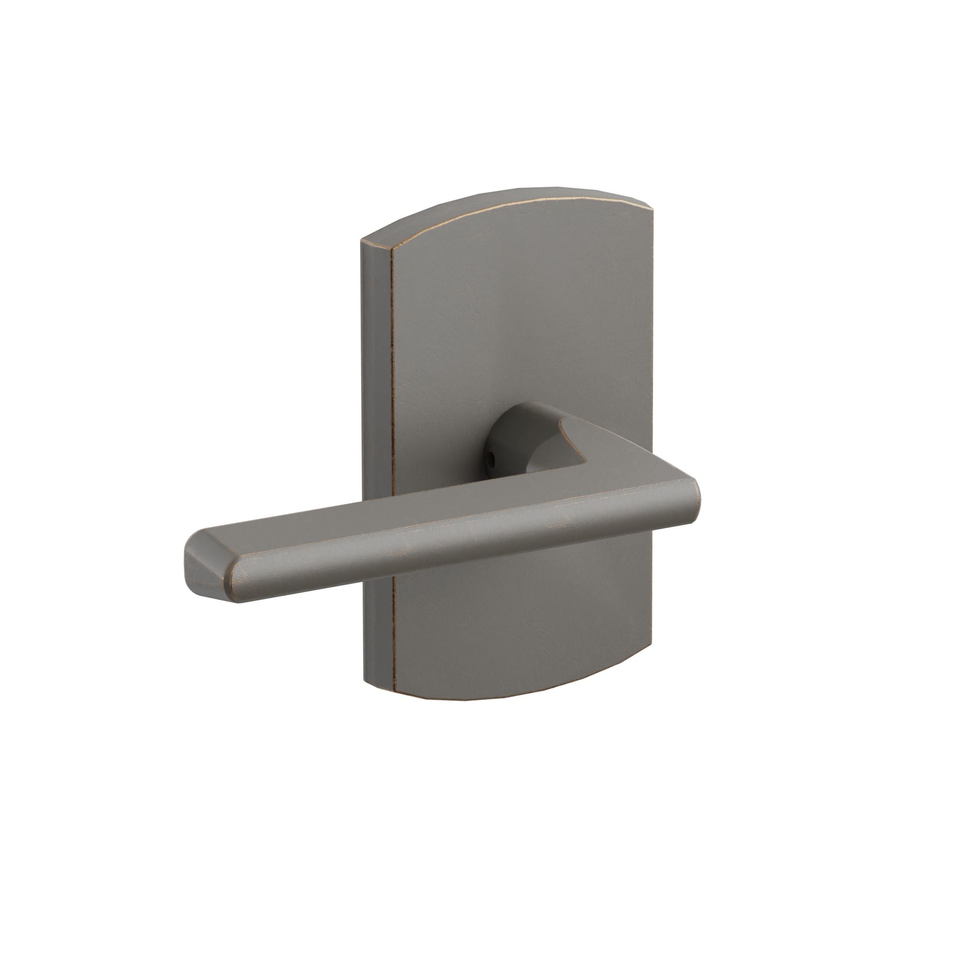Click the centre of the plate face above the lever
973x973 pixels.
pyautogui.click(x=524, y=323)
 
